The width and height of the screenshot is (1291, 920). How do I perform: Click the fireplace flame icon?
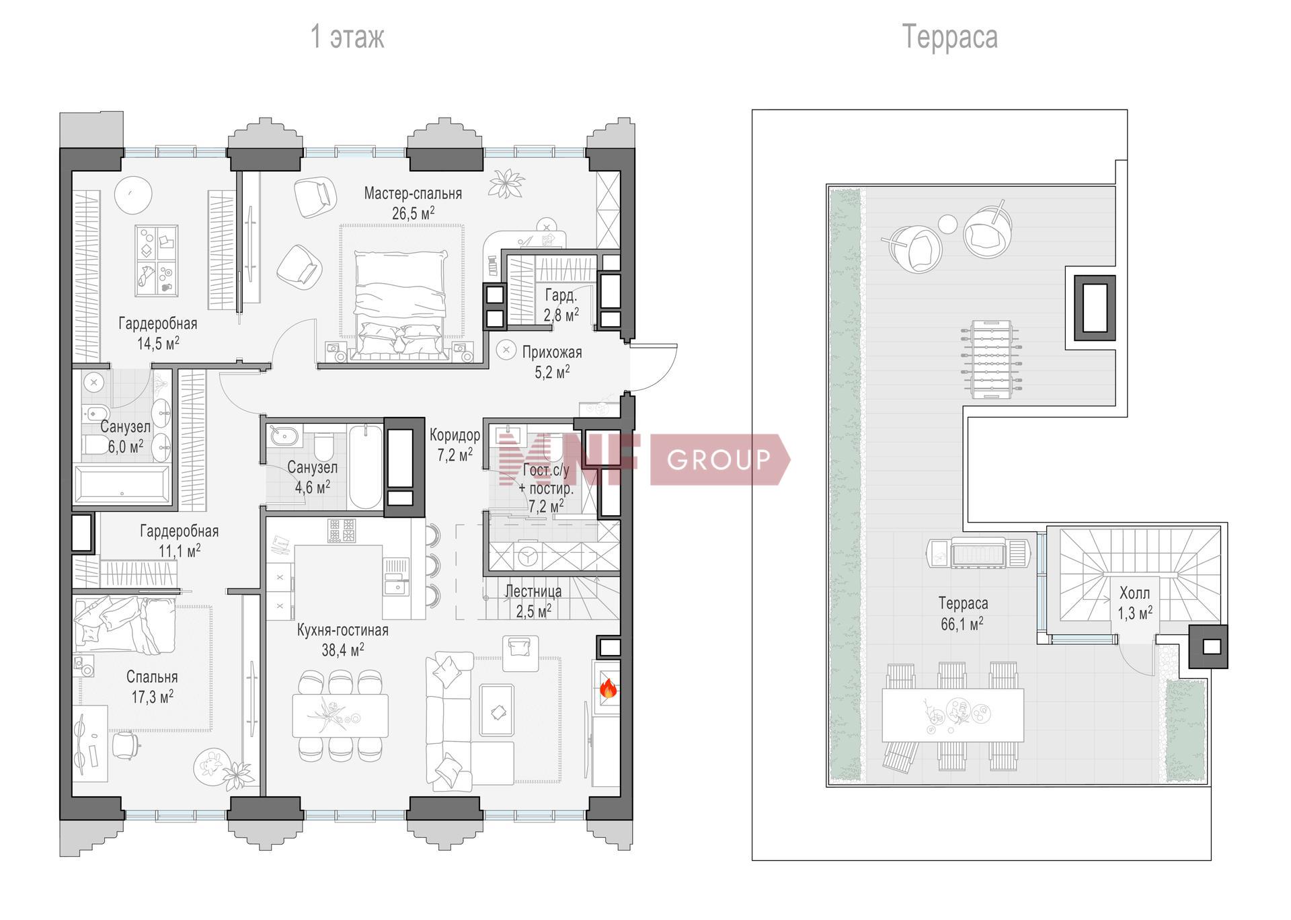[608, 688]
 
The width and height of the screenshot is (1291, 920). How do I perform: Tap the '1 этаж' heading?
[347, 36]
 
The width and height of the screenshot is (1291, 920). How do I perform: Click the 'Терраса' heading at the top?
[949, 37]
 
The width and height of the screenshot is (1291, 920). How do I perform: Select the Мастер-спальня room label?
[413, 194]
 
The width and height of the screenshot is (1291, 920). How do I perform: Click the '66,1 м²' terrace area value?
[962, 624]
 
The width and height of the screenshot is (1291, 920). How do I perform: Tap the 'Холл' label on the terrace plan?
[1134, 593]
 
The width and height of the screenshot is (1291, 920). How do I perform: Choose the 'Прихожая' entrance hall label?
[552, 352]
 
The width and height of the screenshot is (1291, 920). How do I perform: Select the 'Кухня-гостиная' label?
[343, 630]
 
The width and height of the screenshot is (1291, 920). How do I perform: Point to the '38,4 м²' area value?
[343, 650]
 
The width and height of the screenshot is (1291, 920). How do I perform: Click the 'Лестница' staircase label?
[533, 592]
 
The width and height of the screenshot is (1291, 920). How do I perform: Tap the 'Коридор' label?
[455, 435]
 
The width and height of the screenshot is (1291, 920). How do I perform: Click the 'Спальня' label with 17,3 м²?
[152, 677]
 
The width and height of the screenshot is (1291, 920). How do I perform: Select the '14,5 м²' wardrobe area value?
[158, 344]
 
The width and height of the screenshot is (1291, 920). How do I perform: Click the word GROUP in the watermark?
[718, 460]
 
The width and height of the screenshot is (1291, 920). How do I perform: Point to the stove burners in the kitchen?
[342, 530]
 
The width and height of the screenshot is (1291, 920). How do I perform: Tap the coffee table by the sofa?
[498, 711]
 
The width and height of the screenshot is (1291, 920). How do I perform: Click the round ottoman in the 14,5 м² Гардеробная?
[133, 195]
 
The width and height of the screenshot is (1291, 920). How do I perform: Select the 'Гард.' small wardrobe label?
[561, 295]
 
